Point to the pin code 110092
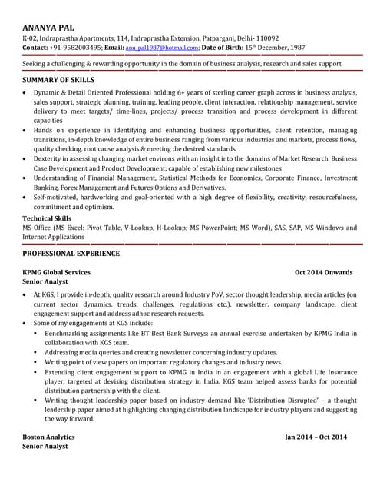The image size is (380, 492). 263,38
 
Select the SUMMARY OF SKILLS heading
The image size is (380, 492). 58,80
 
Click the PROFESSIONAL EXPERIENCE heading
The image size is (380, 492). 71,253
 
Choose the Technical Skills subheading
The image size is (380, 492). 48,218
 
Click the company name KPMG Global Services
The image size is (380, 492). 57,272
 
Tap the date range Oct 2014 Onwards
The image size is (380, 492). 324,272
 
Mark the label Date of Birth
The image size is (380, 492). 230,48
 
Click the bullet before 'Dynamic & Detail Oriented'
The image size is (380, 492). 26,93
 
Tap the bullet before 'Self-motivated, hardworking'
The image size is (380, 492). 26,197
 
